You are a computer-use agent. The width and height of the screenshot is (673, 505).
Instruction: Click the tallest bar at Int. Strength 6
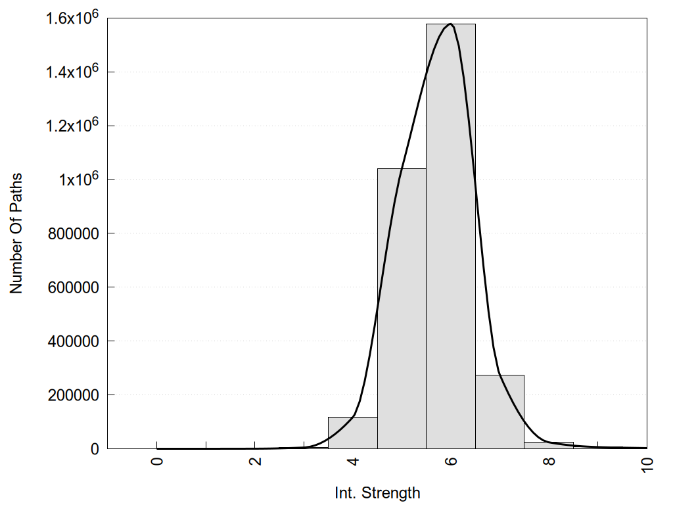point(450,237)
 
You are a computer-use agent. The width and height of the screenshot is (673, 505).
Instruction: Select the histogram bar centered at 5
point(402,309)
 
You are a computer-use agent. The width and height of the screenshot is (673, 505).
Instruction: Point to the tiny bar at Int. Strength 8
point(549,445)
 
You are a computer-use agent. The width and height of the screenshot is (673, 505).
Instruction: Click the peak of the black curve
point(450,24)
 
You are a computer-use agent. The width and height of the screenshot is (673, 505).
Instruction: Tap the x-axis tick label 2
point(256,460)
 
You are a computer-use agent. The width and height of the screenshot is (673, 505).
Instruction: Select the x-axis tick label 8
point(549,460)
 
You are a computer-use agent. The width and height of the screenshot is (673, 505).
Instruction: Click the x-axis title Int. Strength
point(377,492)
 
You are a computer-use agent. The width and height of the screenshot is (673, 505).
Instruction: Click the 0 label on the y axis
point(94,449)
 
